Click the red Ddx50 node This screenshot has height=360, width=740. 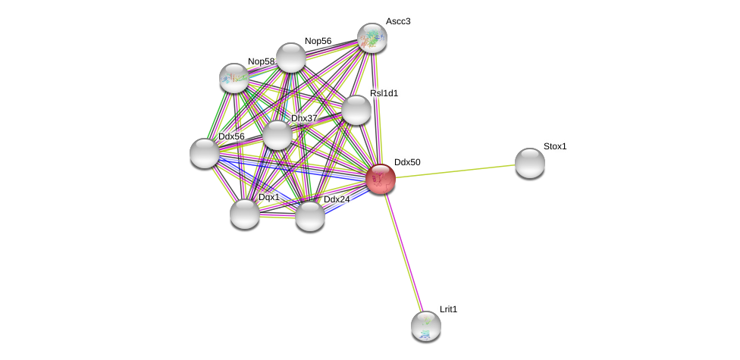pos(381,179)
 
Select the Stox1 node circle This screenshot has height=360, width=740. pos(529,163)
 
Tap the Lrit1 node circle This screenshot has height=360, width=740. pos(425,326)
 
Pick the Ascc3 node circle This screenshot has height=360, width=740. pos(372,38)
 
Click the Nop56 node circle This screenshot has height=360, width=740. pos(290,58)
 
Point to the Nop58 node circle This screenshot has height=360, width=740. pos(234,77)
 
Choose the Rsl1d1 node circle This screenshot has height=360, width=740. pos(356,110)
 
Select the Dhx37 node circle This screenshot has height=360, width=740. pos(277,135)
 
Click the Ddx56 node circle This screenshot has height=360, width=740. pos(205,153)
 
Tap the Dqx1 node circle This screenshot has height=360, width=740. pos(245,214)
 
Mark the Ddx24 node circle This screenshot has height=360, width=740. pos(309,216)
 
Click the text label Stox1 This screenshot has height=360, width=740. pos(555,146)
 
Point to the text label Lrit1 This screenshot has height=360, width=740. pos(449,309)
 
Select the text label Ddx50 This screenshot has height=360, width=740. pos(407,162)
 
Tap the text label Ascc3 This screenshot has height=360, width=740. pos(398,21)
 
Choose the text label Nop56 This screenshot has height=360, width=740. pos(318,41)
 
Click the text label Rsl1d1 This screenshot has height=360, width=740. pos(384,93)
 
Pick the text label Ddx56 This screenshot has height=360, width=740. pos(231,136)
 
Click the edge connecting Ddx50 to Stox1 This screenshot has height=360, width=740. pos(455,171)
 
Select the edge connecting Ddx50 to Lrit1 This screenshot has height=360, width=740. pos(403,252)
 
